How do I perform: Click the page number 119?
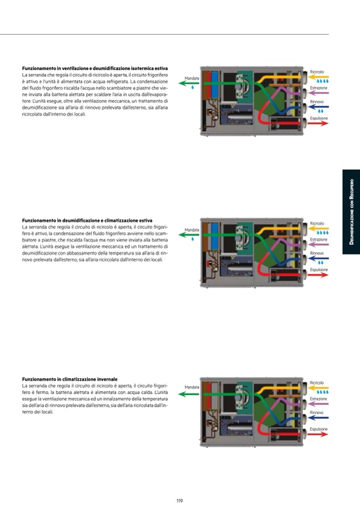point(179,500)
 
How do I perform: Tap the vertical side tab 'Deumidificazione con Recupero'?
point(351,212)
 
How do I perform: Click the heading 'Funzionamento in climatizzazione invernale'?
point(70,379)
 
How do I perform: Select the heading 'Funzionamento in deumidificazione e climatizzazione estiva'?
point(87,220)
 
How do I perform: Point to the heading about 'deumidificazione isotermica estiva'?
point(95,68)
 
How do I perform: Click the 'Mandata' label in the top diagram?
point(192,78)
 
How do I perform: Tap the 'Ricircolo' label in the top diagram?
point(317,72)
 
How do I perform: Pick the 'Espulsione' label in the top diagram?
point(319,118)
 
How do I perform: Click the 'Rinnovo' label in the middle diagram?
point(317,253)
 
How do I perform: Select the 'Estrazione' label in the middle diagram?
point(319,239)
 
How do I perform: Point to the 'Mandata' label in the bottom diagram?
point(192,387)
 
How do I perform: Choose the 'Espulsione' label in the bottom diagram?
point(319,429)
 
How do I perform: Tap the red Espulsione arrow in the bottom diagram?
point(319,434)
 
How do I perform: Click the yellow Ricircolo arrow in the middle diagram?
point(319,228)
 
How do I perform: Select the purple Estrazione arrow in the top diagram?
point(319,93)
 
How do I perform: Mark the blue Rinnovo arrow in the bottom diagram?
point(319,418)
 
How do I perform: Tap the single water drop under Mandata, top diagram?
point(192,88)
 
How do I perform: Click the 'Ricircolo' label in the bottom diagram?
point(317,383)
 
